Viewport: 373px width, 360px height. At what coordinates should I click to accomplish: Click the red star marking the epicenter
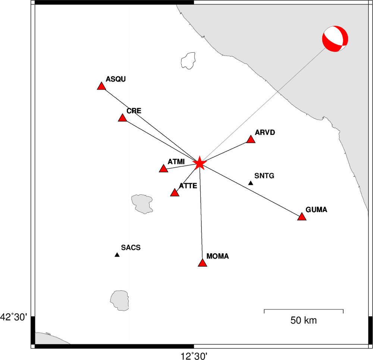click(x=199, y=163)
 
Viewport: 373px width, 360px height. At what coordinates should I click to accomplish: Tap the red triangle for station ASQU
click(x=101, y=86)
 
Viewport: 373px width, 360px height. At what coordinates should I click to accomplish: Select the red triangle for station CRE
click(x=122, y=118)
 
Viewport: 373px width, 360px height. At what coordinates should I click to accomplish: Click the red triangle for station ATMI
click(x=163, y=169)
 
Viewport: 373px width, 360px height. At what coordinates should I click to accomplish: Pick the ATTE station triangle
click(x=175, y=193)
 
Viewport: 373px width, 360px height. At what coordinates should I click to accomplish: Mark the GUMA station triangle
click(x=302, y=217)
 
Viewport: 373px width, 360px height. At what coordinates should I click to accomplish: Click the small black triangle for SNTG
click(x=251, y=183)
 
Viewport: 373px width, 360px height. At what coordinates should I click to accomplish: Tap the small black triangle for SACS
click(x=117, y=255)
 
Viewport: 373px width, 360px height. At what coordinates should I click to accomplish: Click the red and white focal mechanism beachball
click(x=335, y=39)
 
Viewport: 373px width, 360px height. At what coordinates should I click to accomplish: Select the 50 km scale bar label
click(x=304, y=320)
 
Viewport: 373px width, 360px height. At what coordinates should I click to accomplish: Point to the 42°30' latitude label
click(x=14, y=317)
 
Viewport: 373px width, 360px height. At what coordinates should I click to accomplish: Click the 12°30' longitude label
click(x=194, y=356)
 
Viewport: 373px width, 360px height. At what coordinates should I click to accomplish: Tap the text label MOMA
click(x=218, y=256)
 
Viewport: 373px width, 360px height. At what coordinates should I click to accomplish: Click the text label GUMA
click(x=316, y=210)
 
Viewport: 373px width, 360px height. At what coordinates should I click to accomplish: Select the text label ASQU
click(x=116, y=79)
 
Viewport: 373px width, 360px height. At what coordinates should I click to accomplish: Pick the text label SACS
click(x=131, y=248)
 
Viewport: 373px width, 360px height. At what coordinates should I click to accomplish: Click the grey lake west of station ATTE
click(x=142, y=204)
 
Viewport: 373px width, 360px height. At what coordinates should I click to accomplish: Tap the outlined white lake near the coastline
click(x=188, y=61)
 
